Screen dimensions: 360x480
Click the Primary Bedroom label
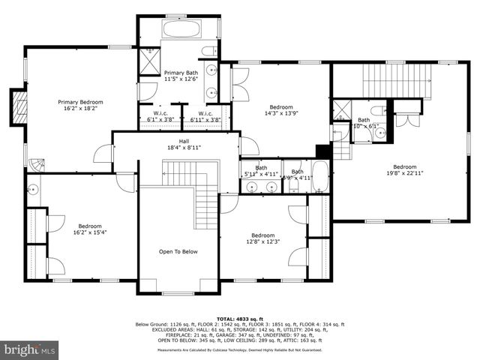80,102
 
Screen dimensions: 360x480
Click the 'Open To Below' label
178,252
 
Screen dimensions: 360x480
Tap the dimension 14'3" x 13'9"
281,115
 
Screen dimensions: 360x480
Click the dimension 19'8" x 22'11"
404,174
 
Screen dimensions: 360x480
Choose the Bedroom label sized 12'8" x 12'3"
262,241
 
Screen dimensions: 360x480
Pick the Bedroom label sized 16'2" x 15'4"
90,232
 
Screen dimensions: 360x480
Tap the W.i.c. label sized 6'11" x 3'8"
205,119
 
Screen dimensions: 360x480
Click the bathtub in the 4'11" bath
319,177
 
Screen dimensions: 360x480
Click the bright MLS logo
30,349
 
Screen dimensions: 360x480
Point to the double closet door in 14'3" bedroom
239,84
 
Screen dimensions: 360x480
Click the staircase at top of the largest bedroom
397,80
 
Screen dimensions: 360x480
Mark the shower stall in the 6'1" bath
342,109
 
